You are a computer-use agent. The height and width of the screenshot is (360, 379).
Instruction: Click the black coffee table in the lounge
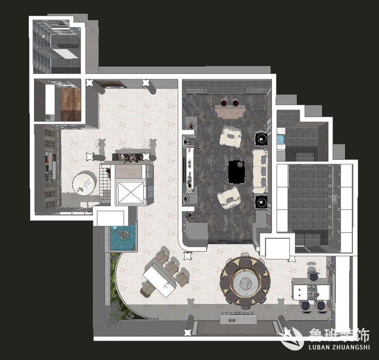[236, 171]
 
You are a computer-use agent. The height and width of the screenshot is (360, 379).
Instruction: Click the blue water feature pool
[123, 237]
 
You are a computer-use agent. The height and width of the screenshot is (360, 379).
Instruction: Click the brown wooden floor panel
[71, 104]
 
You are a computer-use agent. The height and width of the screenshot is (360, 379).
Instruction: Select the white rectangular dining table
[160, 280]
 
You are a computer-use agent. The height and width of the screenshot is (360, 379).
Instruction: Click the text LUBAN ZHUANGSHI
[339, 347]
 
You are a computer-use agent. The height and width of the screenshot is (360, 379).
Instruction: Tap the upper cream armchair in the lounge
[230, 137]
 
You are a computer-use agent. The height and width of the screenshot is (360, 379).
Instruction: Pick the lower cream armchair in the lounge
[228, 198]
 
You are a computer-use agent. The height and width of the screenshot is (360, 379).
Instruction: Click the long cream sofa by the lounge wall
[260, 171]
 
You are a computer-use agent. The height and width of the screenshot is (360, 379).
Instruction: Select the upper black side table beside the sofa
[261, 139]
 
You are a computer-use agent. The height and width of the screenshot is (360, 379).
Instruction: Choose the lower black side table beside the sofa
[261, 201]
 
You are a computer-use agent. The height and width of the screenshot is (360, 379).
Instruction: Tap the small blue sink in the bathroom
[280, 139]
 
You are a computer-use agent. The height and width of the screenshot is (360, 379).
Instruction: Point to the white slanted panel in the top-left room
[65, 54]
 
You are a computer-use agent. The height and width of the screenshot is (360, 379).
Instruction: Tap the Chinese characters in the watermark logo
[339, 335]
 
